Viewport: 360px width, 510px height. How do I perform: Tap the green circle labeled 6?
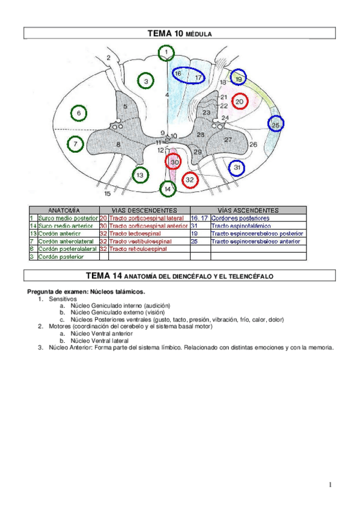[78, 112]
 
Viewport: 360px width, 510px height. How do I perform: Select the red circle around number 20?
[240, 102]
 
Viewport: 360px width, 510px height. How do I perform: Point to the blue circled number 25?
[275, 124]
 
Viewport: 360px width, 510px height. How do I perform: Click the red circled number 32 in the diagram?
[190, 179]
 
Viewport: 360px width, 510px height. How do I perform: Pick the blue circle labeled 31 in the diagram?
[237, 167]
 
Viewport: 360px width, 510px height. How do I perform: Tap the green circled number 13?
[139, 175]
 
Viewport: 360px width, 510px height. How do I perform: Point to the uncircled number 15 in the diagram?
[108, 194]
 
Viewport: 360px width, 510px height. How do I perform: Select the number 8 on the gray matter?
[118, 144]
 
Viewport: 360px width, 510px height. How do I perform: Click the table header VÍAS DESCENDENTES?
[144, 210]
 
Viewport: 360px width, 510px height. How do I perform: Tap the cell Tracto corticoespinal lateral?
[146, 218]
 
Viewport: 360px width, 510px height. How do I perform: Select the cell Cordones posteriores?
[240, 218]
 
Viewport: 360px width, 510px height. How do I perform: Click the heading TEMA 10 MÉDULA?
[180, 34]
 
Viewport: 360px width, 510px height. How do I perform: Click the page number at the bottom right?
[330, 485]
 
